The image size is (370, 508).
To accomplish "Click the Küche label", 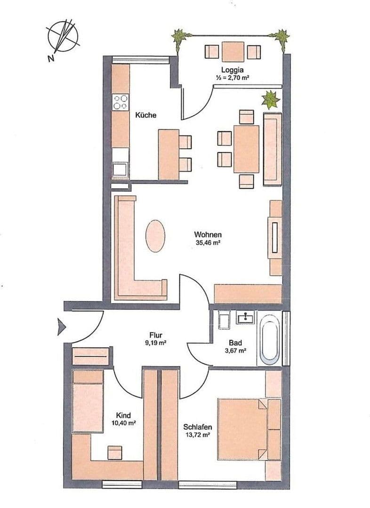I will pyautogui.click(x=145, y=115).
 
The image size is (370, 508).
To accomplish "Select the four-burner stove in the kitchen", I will pyautogui.click(x=121, y=103).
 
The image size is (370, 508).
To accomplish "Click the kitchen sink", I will pyautogui.click(x=120, y=168).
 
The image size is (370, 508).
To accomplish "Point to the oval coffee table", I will pyautogui.click(x=155, y=236).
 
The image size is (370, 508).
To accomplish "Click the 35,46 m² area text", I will pyautogui.click(x=208, y=243).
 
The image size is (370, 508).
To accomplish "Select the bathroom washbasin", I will pyautogui.click(x=245, y=318).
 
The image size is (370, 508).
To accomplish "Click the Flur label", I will pyautogui.click(x=156, y=335).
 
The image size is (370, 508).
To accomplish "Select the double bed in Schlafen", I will pyautogui.click(x=242, y=429).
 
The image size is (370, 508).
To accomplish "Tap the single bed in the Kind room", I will pyautogui.click(x=88, y=401).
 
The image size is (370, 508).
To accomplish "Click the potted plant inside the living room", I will pyautogui.click(x=270, y=100).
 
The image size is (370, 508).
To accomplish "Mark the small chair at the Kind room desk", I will pyautogui.click(x=115, y=452).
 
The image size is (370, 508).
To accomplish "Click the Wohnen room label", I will pyautogui.click(x=208, y=235).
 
